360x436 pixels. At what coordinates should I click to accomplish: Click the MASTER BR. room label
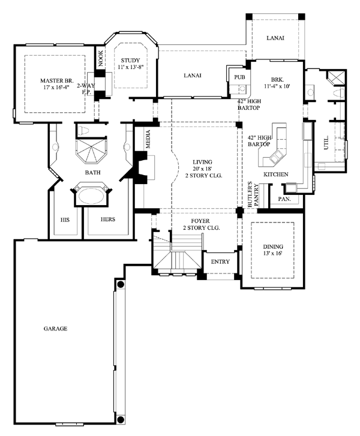[56, 80]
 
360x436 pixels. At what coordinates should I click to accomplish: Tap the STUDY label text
[130, 61]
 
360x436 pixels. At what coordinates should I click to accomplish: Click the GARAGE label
[55, 329]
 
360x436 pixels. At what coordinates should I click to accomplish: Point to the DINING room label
[272, 246]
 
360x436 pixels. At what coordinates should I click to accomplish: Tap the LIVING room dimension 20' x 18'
[202, 169]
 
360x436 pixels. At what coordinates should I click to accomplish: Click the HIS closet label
[65, 219]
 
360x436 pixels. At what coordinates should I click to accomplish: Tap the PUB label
[239, 77]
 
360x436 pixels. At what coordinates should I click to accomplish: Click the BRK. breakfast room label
[277, 80]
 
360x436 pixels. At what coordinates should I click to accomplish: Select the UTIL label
[325, 144]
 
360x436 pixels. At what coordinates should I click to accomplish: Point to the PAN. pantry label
[284, 199]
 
